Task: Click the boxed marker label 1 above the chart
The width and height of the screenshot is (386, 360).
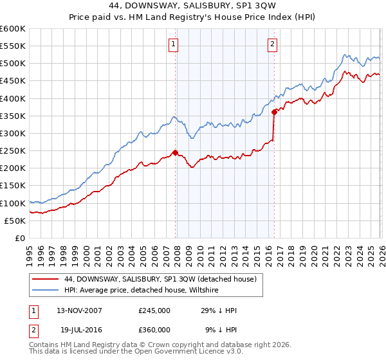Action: pos(174,44)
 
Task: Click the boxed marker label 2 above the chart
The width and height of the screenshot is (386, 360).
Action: pos(273,44)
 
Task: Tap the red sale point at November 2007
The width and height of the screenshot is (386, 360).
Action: pos(175,152)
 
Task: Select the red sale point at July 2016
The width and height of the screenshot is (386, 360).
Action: pos(275,112)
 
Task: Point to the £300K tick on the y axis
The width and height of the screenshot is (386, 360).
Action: pos(12,134)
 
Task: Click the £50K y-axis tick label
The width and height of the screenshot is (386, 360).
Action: pos(15,221)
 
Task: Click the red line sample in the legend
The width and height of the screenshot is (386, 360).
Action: pos(46,279)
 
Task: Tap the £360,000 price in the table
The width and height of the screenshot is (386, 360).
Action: pos(154,330)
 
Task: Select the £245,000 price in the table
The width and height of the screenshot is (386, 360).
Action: pos(154,310)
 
